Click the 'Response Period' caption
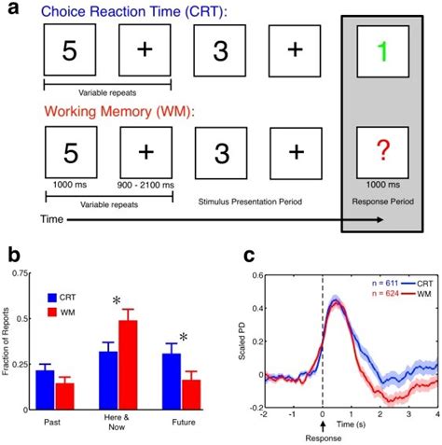pos(383,199)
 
